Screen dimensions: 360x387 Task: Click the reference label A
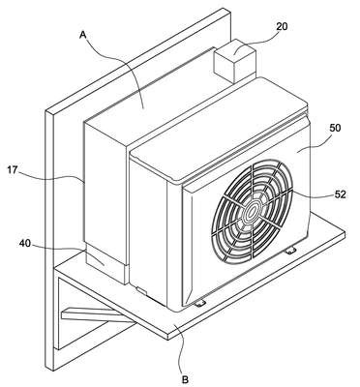pos(83,35)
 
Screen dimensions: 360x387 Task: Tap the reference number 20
pos(282,26)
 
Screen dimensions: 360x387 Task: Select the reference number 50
pos(335,128)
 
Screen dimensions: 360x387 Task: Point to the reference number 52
pos(341,194)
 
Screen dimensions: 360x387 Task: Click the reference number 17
pos(13,170)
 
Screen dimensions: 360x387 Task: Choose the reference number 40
pos(25,244)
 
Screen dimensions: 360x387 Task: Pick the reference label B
pos(185,379)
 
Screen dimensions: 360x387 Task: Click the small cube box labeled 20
pos(234,60)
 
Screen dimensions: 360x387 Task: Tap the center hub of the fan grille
pos(252,211)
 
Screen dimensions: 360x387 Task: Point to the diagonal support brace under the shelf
pos(97,315)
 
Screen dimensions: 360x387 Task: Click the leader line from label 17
pos(51,177)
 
